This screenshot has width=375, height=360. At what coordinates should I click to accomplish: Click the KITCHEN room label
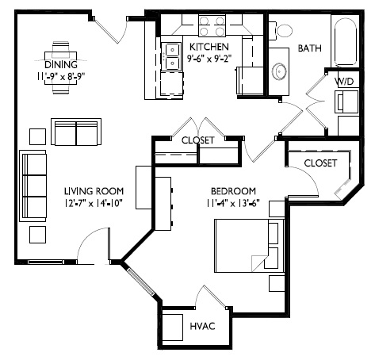point(209,47)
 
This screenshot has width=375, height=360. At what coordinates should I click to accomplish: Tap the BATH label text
point(309,48)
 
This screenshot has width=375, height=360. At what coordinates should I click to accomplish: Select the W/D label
point(344,81)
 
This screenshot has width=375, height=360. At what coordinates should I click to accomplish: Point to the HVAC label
point(202,326)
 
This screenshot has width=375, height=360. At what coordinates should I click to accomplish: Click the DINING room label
point(61,64)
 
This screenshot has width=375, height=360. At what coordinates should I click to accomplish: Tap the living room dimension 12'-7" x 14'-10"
point(94,203)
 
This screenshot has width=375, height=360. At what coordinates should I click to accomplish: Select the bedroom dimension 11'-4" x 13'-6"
point(233,203)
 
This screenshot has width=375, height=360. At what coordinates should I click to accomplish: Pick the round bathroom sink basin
point(279,71)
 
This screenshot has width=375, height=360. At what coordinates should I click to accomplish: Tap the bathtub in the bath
point(346,42)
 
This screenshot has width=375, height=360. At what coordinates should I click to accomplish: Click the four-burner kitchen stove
point(212,25)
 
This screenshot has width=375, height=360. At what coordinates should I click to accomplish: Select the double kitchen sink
point(171,56)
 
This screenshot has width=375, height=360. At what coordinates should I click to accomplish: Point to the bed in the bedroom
point(249,245)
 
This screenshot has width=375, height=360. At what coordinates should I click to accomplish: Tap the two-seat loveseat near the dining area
point(76,132)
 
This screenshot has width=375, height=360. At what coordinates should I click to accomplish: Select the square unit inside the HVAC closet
point(172,327)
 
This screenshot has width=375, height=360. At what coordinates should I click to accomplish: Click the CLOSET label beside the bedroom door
point(320,163)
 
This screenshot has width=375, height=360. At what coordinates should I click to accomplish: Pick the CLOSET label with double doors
point(198,140)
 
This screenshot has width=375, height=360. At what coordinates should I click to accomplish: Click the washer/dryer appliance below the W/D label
point(346,101)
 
